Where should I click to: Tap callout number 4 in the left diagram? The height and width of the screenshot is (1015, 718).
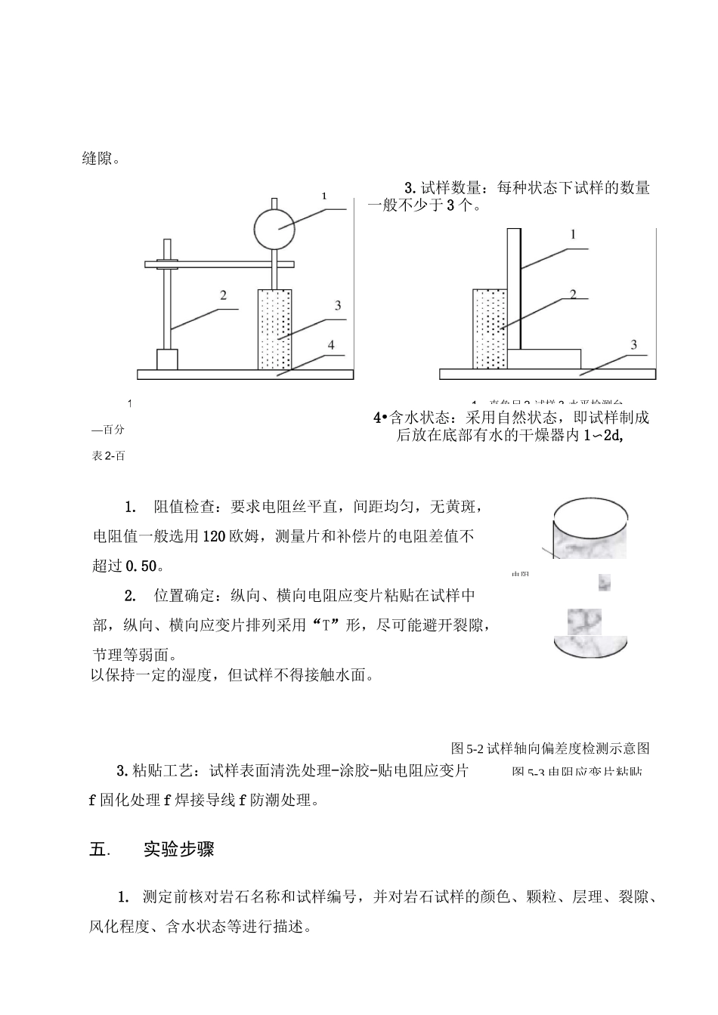[x=330, y=345]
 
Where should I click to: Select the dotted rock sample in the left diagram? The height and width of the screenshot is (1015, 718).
[x=275, y=329]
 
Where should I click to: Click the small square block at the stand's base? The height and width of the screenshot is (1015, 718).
[x=167, y=359]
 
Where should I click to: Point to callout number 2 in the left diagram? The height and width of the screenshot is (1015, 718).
[x=223, y=295]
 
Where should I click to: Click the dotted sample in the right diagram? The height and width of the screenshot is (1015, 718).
[x=488, y=329]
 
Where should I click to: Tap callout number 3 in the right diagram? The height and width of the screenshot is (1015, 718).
[x=633, y=344]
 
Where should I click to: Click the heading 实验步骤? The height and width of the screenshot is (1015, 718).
[x=178, y=850]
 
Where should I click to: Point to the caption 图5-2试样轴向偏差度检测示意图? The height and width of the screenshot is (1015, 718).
[x=549, y=748]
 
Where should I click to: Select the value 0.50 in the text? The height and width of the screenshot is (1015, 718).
[x=141, y=566]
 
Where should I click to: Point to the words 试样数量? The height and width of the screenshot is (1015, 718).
[x=453, y=189]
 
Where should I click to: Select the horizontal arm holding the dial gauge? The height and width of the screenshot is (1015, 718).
[x=219, y=264]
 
